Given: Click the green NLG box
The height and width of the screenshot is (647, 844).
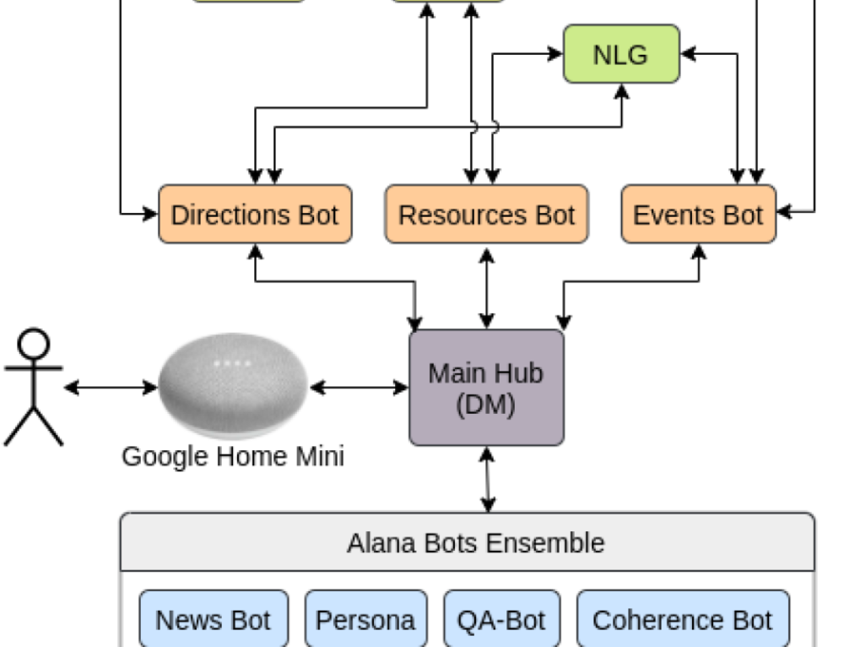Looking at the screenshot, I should (621, 54).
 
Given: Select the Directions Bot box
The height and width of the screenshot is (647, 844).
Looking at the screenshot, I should (255, 215).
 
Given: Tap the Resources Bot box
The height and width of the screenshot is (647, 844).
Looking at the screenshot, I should (486, 215).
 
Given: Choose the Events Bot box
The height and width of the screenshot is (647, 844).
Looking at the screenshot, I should (698, 215).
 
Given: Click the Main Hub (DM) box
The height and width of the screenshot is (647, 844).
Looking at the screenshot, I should (486, 388).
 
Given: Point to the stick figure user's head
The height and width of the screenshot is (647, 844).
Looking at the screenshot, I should (34, 345).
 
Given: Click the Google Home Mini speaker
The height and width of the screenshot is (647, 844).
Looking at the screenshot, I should (233, 384).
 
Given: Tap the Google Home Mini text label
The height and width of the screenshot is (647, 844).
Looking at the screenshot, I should (233, 456).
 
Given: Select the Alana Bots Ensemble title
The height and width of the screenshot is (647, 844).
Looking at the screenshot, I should (475, 542).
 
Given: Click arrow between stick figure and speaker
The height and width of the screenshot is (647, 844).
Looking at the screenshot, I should (111, 388).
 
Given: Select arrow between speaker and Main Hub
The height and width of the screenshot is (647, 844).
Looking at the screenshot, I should (359, 388).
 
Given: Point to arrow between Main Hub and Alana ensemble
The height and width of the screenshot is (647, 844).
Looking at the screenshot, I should (487, 479).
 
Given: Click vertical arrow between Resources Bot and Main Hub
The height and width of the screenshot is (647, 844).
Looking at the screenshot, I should (486, 286).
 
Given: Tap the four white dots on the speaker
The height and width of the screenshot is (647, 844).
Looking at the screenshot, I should (233, 363).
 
